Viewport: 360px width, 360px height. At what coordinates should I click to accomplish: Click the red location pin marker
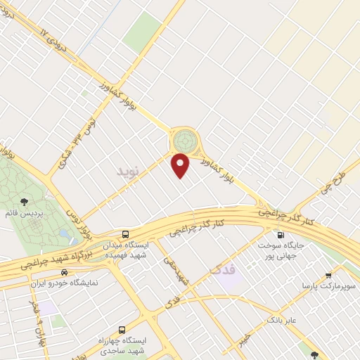coord(181,165)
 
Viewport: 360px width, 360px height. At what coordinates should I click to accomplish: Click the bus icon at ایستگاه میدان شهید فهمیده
coord(124,233)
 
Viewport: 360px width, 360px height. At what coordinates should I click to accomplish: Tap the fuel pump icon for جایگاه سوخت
coord(282,236)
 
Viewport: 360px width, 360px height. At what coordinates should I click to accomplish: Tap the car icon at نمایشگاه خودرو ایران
coord(64,272)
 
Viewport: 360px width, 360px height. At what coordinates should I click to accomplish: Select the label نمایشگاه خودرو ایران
coord(64,282)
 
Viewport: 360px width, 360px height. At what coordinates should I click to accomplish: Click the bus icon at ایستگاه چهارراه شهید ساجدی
coord(122,329)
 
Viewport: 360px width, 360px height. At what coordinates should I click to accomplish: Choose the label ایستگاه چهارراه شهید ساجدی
coord(122,345)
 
